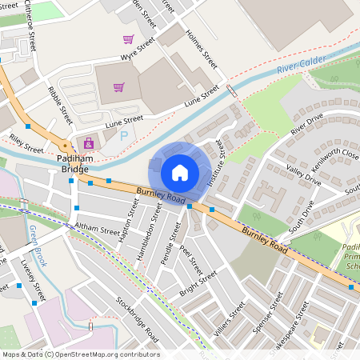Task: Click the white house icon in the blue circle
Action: click(180, 172)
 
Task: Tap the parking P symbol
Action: click(123, 137)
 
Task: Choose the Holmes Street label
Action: click(201, 49)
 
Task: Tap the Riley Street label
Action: click(26, 143)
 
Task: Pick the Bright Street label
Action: click(198, 282)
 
